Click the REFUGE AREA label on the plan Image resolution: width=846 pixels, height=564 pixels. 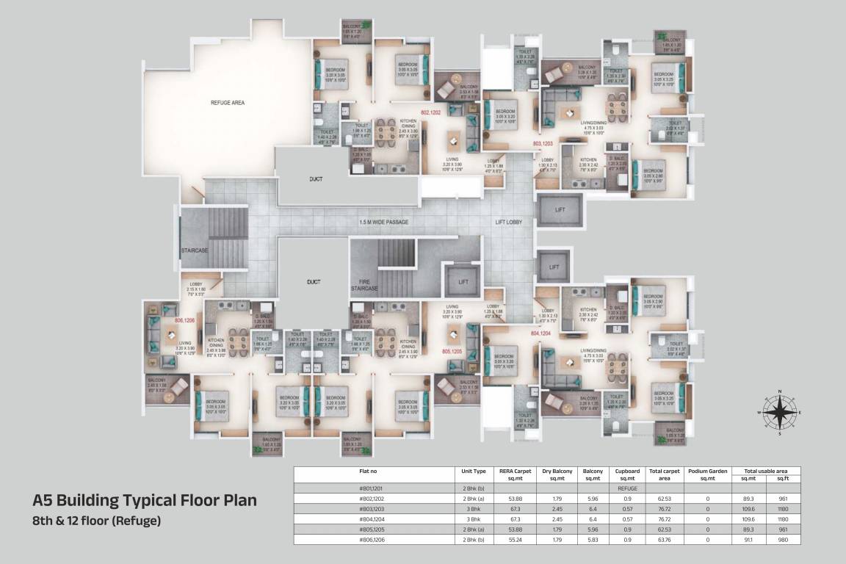[227, 103]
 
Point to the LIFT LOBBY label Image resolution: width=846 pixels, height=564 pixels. [508, 222]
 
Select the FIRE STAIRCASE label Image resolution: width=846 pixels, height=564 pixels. [364, 285]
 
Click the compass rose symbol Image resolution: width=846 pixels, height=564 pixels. [780, 413]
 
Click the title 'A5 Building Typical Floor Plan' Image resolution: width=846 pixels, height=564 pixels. [145, 501]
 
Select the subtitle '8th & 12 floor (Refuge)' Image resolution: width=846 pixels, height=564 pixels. [96, 521]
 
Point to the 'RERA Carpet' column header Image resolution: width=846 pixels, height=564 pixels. [516, 474]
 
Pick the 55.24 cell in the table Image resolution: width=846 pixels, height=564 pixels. [516, 539]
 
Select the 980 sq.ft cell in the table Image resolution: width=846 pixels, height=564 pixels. [783, 539]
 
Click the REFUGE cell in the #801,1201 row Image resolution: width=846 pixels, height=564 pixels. [626, 487]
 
